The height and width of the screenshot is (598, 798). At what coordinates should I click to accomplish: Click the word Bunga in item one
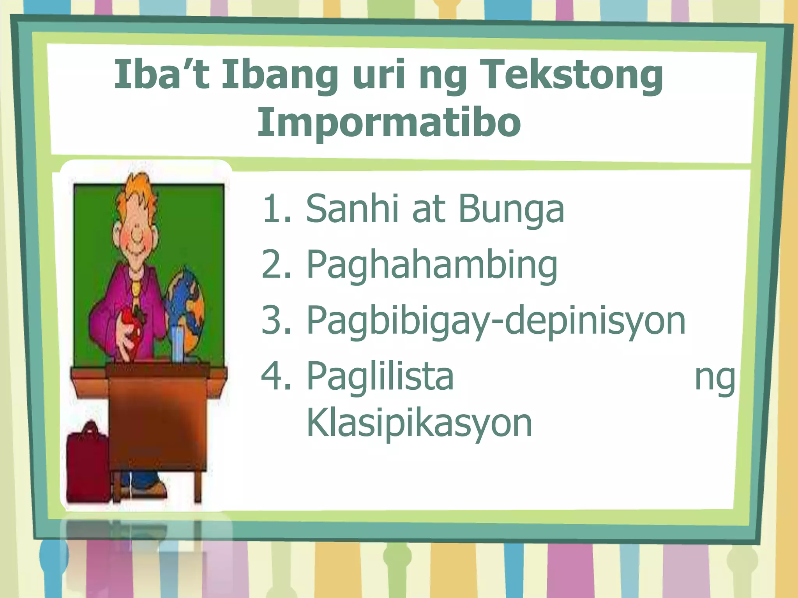click(511, 210)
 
